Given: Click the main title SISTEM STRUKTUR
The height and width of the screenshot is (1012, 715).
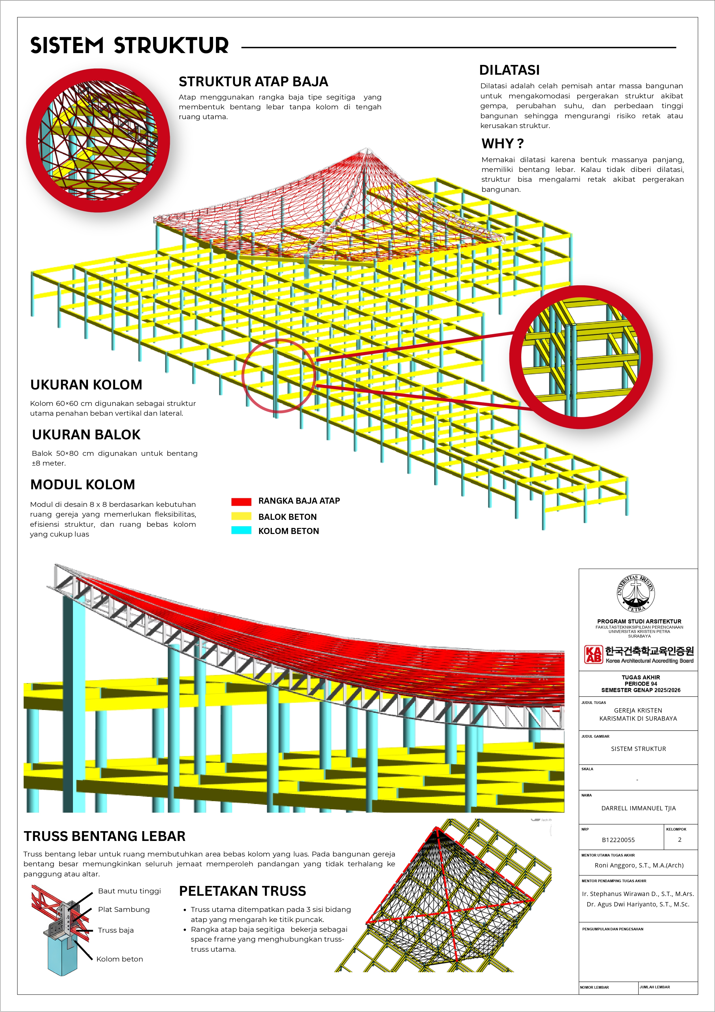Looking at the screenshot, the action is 129,46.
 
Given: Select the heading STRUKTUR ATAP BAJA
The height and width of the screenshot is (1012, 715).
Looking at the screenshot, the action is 253,82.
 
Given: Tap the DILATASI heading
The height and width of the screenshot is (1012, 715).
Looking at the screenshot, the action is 509,70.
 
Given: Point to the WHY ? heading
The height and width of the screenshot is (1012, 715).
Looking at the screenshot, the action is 503,144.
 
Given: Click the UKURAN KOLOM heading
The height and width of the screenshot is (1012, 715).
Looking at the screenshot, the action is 86,385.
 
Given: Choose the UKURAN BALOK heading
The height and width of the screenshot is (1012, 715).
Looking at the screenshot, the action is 86,434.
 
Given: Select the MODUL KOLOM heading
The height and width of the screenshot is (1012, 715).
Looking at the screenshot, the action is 83,484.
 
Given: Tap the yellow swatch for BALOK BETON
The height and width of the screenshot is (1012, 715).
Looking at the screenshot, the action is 241,516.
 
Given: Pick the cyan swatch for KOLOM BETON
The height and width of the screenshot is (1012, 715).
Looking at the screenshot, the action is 241,530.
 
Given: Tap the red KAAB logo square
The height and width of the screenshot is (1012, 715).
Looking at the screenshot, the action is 593,654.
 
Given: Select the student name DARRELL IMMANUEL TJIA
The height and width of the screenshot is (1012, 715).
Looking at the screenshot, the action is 638,808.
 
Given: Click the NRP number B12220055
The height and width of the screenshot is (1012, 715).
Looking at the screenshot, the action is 618,840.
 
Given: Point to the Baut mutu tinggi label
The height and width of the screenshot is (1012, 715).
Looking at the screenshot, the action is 129,891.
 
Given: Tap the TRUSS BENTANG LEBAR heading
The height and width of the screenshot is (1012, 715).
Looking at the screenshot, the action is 104,836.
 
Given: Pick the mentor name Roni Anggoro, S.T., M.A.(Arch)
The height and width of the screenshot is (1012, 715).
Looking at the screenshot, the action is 639,865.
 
